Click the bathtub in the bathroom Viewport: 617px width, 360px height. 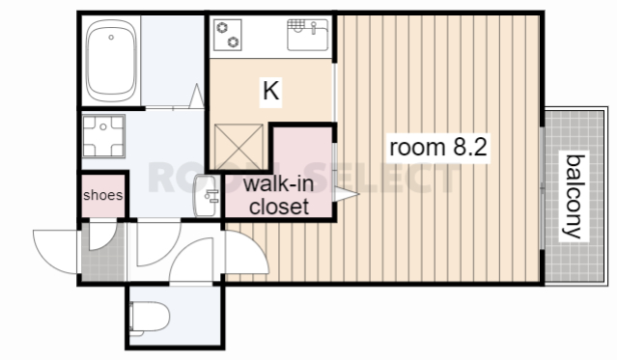click(x=111, y=61)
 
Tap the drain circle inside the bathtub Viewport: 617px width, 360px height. click(x=111, y=38)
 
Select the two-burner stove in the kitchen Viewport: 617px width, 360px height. click(x=228, y=36)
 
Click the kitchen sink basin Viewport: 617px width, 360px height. click(x=308, y=35)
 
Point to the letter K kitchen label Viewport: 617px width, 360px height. click(x=270, y=91)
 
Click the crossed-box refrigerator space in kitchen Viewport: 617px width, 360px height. click(x=238, y=147)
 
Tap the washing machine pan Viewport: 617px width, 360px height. click(x=103, y=136)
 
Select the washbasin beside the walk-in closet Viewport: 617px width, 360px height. click(x=207, y=196)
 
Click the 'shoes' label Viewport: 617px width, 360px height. click(x=103, y=195)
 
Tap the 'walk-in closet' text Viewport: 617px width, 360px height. click(x=279, y=196)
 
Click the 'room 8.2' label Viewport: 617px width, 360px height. click(x=438, y=147)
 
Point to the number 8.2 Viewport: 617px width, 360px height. click(x=470, y=147)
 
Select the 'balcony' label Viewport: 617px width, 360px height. click(x=575, y=196)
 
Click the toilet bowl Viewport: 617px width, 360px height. click(x=150, y=318)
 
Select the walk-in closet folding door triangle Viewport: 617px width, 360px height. click(x=346, y=194)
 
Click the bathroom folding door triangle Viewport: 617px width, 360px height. click(x=196, y=96)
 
